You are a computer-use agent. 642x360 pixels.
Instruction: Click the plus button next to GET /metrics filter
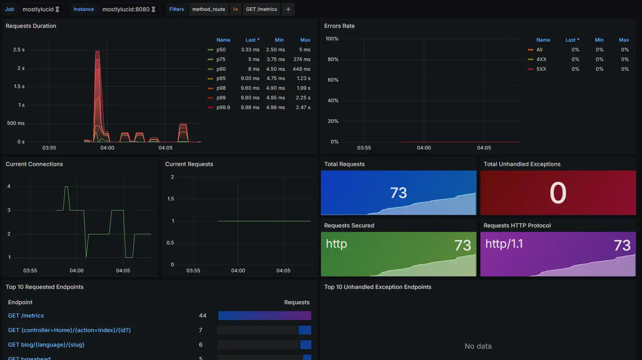tap(288, 9)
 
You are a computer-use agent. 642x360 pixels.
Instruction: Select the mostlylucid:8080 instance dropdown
tap(128, 9)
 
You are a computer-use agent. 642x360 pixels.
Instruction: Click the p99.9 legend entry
tap(223, 107)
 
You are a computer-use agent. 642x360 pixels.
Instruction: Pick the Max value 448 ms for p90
tap(301, 69)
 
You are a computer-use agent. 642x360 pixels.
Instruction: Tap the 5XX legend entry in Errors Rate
tap(541, 69)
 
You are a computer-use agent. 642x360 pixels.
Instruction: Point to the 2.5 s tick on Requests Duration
tap(19, 50)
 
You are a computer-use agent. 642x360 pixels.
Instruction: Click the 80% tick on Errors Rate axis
tap(333, 59)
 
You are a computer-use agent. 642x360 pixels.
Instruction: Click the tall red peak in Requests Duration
tap(97, 57)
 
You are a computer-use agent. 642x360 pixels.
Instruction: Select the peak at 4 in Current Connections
tap(66, 187)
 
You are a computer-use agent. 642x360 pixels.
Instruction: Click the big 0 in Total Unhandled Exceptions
tap(558, 193)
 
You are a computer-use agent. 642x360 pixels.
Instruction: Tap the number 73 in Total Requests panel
tap(398, 193)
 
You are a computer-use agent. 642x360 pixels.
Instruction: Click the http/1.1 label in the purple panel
tap(504, 244)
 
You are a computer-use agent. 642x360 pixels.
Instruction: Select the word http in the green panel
tap(336, 244)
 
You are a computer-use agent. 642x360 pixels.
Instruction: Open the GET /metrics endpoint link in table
tap(26, 316)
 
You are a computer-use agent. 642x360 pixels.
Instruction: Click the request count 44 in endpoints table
tap(203, 316)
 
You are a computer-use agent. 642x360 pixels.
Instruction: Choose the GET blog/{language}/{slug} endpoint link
tap(46, 345)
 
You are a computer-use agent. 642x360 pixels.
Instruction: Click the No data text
tap(478, 346)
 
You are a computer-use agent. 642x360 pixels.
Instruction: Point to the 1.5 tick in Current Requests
tap(170, 199)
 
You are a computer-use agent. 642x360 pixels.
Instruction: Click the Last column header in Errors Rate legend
tap(572, 40)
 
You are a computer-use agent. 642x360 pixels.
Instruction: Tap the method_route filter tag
tap(208, 9)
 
